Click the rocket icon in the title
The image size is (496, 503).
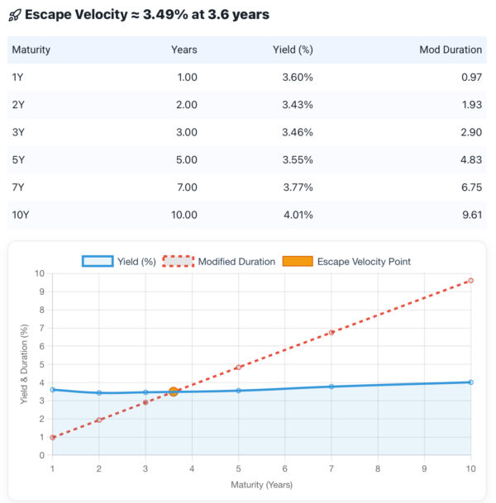[16, 15]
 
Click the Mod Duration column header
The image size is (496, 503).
[451, 50]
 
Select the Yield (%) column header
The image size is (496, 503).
[293, 50]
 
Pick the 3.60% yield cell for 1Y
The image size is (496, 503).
[296, 77]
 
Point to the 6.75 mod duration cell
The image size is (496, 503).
[469, 187]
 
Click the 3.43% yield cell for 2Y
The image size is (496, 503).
[296, 105]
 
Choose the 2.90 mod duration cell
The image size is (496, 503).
[469, 132]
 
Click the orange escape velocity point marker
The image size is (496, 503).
[174, 391]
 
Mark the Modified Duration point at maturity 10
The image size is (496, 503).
[470, 281]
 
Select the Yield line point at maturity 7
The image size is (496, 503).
[331, 387]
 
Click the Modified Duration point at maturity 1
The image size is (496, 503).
[53, 438]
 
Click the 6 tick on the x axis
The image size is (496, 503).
[285, 468]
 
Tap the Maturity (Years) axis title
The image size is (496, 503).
[261, 485]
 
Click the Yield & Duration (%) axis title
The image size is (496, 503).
[24, 364]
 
